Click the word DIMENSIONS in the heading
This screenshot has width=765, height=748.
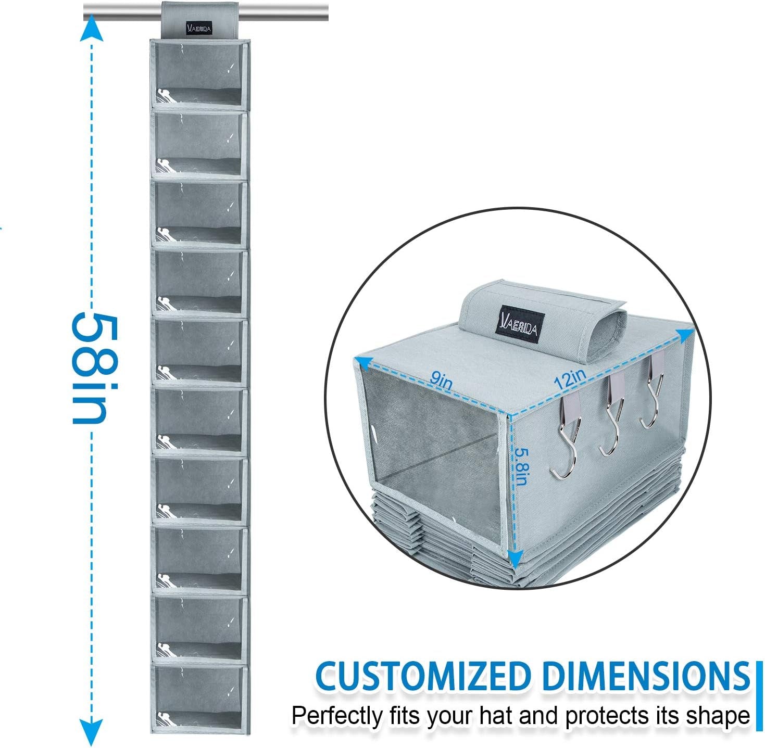[x=642, y=677]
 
